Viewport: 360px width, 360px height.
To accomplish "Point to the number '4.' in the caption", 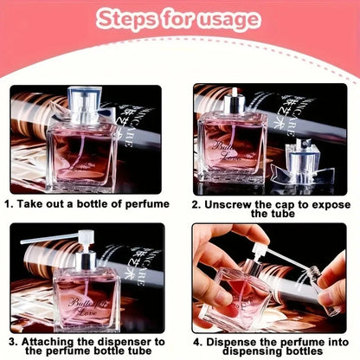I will (x=199, y=342).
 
